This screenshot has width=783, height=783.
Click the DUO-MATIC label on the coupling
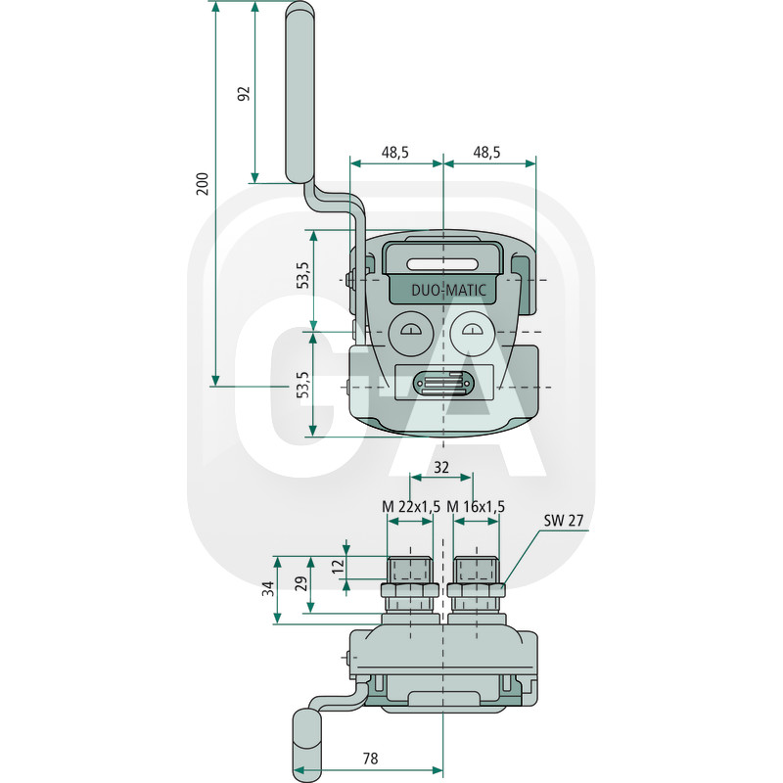coord(448,290)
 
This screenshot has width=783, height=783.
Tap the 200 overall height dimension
coord(203,184)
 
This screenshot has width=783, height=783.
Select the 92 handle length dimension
coord(243,93)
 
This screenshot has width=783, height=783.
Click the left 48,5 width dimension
coord(395,152)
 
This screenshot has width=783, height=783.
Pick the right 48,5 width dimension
coord(486,152)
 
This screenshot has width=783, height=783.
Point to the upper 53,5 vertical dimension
coord(303,275)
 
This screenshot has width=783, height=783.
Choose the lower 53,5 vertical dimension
coord(303,385)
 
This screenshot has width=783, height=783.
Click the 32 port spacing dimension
coord(441,468)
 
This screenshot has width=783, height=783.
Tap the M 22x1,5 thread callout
coord(411,507)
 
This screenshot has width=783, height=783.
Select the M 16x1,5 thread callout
coord(476,507)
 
